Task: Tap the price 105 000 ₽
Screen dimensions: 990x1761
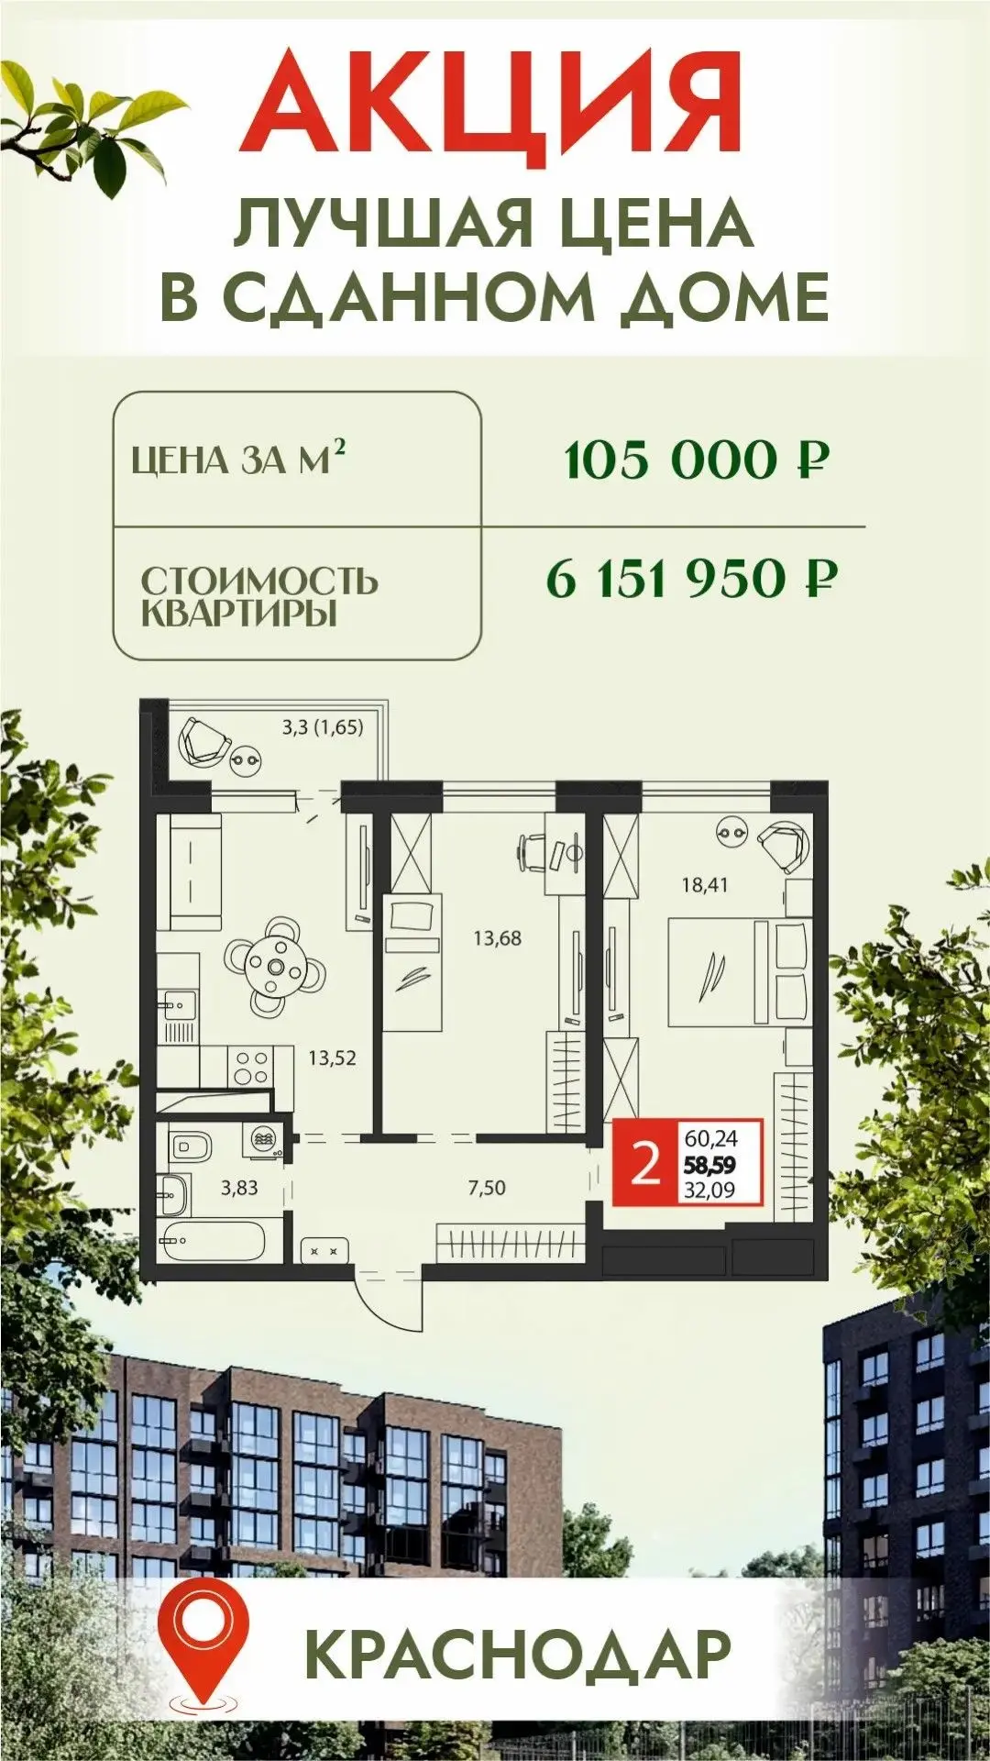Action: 697,460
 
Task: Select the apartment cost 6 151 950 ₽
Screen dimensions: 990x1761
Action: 690,579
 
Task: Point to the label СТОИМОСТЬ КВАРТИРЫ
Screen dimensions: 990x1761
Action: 258,596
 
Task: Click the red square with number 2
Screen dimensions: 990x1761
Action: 645,1164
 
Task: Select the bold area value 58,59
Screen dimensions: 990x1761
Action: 710,1166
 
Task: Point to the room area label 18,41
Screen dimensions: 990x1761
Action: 704,885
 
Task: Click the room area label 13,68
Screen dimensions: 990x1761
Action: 497,938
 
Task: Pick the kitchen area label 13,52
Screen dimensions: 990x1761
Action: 332,1058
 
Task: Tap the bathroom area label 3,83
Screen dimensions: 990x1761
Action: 239,1188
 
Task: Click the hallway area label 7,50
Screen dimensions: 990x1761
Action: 487,1188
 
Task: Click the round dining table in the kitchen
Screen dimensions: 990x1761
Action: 276,966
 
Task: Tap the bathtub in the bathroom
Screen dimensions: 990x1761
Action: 213,1241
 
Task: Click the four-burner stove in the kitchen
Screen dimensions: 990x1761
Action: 252,1068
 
